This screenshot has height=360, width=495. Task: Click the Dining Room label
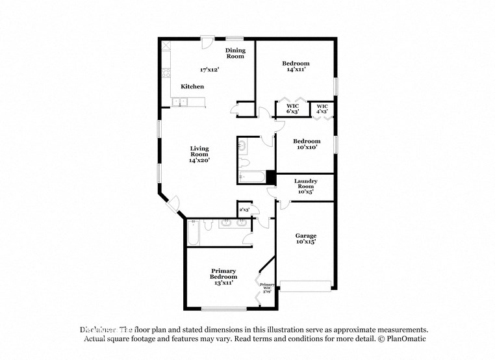pos(235,53)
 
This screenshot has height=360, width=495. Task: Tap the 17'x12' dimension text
pos(210,68)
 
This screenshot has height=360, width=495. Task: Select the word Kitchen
pos(192,86)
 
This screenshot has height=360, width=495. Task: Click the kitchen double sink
pos(180,101)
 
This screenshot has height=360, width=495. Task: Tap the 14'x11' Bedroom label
pos(295,67)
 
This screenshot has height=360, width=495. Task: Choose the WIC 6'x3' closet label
pos(292,109)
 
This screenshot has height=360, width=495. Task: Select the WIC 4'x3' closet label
pos(322,109)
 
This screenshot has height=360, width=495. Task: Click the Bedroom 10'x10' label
pos(306,144)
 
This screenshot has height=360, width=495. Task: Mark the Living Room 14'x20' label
pos(199,154)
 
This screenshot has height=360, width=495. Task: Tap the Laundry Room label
pos(305,186)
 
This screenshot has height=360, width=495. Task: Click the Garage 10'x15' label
pos(305,239)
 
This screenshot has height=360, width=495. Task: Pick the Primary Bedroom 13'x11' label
pos(223,276)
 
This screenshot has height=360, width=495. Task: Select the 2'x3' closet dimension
pos(244,210)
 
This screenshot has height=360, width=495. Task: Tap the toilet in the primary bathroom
pos(207,225)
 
